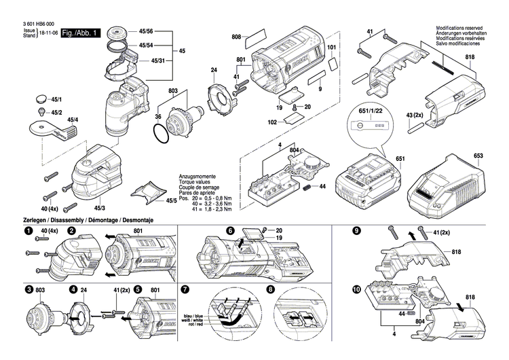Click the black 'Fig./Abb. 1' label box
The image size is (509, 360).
(80, 33)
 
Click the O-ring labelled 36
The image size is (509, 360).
(160, 137)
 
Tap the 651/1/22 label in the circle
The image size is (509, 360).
(370, 111)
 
